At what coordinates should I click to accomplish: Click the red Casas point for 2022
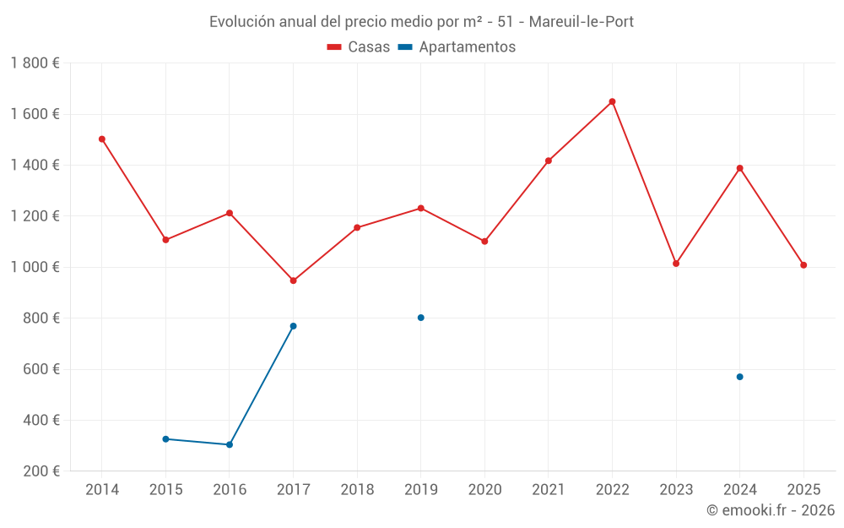click(612, 101)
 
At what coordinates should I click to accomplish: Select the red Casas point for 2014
click(102, 139)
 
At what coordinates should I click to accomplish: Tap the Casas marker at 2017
click(293, 280)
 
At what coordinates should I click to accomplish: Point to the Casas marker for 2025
click(803, 265)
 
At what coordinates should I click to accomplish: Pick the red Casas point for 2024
click(739, 168)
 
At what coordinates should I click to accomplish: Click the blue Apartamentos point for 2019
click(420, 318)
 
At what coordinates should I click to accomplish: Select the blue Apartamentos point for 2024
click(739, 377)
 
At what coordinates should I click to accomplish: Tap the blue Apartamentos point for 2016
click(230, 444)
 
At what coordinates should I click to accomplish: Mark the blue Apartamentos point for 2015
click(165, 439)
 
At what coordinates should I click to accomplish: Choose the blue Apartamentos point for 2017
click(293, 326)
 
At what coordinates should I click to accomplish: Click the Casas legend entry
click(359, 47)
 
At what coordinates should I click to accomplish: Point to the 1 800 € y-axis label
click(35, 63)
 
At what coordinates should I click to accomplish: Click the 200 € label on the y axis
click(41, 471)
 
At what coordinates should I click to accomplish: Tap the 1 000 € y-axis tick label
click(35, 267)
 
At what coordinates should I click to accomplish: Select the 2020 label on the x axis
click(484, 490)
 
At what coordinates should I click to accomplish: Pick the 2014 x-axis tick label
click(102, 490)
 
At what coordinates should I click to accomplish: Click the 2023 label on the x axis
click(676, 490)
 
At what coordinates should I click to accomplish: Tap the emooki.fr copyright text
click(771, 510)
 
